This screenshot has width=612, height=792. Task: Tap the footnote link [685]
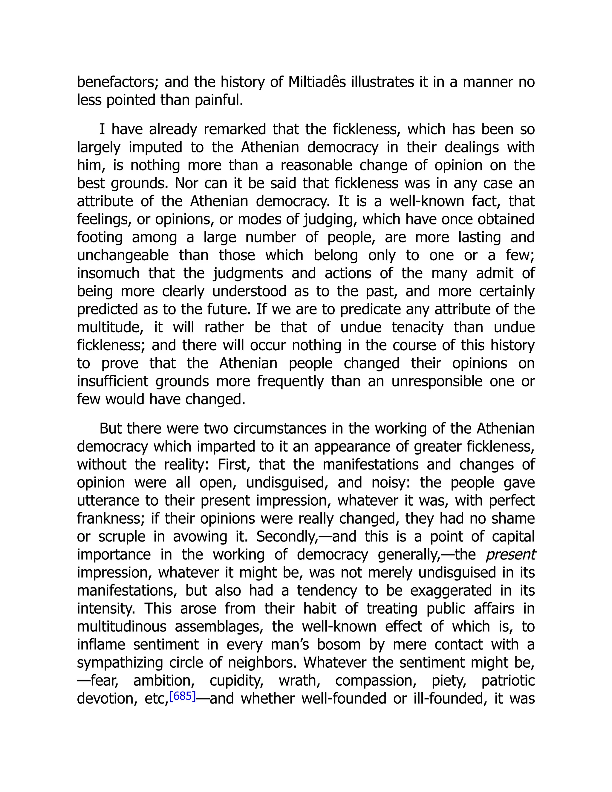(x=182, y=696)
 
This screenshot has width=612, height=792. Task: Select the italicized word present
(x=510, y=555)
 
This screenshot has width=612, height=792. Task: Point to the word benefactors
(x=117, y=82)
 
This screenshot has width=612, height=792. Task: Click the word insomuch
(x=108, y=273)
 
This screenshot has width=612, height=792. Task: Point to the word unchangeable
(x=123, y=255)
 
